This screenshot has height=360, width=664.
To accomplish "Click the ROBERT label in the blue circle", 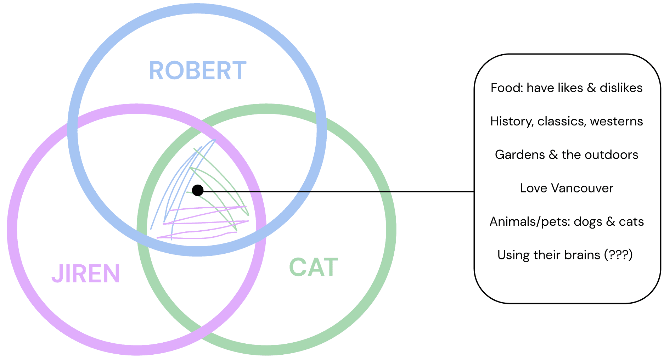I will [x=197, y=71].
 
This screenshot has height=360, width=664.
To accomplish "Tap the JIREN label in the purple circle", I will [x=86, y=274].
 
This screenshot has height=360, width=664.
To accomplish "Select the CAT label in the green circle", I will [x=314, y=267].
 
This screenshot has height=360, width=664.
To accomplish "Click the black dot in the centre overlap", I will [x=198, y=190].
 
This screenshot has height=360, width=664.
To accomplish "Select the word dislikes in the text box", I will [x=621, y=88].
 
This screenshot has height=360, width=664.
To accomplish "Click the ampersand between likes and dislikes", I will [x=591, y=88].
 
